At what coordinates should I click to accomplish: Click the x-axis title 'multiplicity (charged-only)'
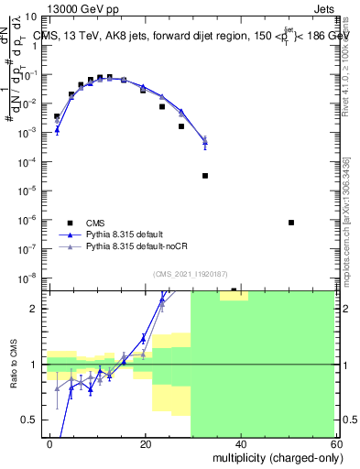point(274,456)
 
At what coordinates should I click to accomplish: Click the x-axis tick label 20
point(146,443)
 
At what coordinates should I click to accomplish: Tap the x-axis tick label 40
point(240,443)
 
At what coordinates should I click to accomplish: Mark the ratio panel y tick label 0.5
point(34,420)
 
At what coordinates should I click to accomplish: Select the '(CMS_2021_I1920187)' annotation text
point(190,273)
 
